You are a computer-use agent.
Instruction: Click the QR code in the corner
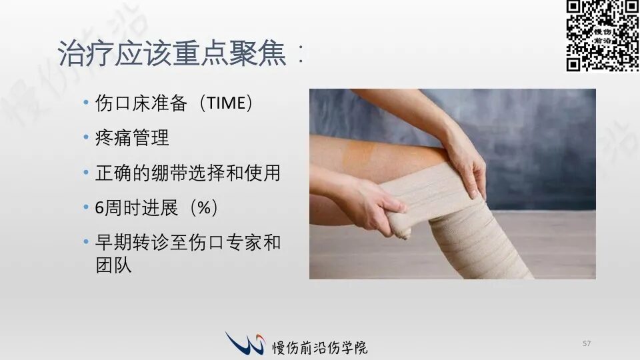(x=603, y=36)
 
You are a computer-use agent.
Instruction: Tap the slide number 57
(x=587, y=343)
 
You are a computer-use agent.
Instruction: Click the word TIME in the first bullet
(x=227, y=103)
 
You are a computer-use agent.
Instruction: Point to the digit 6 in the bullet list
(x=99, y=208)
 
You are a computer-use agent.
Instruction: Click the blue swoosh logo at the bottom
(x=245, y=343)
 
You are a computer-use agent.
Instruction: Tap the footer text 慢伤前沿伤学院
(x=319, y=347)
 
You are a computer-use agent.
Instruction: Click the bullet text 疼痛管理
(x=132, y=137)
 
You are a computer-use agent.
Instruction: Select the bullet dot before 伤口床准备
(x=86, y=102)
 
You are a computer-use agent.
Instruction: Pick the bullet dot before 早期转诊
(x=86, y=241)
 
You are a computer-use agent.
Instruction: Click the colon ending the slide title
(x=301, y=53)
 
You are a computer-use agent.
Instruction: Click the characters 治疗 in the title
(x=85, y=53)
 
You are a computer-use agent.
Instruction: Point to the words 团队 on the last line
(x=113, y=265)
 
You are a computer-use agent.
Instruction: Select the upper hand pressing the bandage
(x=465, y=163)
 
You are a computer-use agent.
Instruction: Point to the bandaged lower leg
(x=477, y=241)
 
